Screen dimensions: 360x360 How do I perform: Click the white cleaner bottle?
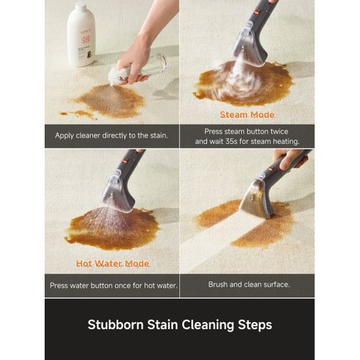81,34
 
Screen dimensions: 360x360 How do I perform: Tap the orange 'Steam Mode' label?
247,114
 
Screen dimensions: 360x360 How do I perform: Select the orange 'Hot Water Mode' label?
112,264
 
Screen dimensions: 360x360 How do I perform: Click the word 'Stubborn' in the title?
115,325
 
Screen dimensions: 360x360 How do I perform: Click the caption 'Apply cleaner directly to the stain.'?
112,135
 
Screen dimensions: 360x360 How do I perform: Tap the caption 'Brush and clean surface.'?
249,284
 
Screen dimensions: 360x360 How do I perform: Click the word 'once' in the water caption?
122,286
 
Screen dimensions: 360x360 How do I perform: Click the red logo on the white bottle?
86,40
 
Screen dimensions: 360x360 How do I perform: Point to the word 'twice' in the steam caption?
279,132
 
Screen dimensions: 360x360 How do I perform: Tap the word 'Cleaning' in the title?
207,325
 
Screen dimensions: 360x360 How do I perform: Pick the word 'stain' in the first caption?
158,135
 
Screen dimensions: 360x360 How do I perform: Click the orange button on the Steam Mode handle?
257,11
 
